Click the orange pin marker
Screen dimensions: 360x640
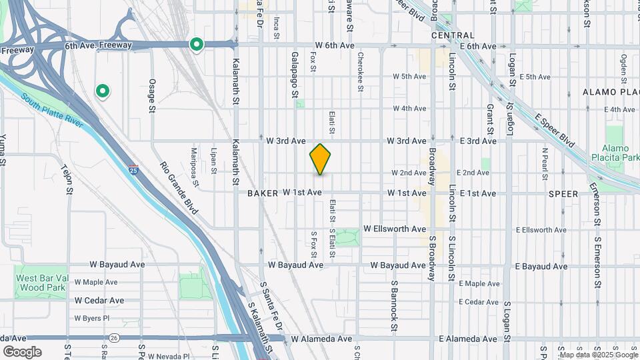320,159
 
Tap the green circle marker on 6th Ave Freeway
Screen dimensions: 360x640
197,45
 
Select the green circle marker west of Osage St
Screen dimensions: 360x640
103,91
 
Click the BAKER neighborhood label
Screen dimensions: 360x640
262,193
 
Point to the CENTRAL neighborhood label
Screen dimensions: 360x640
453,35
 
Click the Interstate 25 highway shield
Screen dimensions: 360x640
134,171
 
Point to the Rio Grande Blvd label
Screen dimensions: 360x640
179,188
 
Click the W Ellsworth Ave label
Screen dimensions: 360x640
394,229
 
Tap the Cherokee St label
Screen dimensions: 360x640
360,71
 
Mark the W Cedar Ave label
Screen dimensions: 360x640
99,301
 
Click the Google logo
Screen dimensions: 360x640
22,351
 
